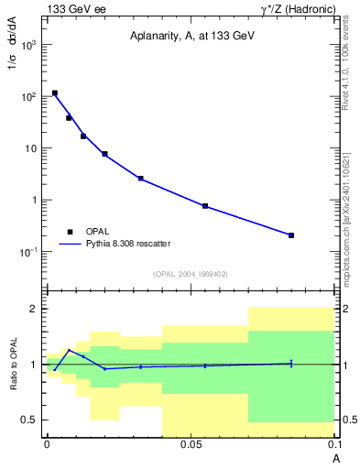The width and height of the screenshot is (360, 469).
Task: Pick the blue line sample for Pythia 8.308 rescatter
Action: point(70,245)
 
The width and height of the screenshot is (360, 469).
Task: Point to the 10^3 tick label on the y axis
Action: point(29,44)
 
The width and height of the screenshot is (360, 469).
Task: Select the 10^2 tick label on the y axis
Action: point(29,96)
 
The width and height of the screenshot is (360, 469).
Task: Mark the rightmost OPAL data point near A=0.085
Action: point(291,235)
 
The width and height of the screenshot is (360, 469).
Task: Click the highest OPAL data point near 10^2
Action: point(55,93)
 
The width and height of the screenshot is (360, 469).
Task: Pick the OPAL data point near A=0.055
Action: point(205,206)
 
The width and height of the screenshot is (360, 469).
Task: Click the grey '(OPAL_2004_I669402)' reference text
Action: point(191,274)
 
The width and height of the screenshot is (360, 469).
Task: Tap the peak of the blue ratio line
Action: point(69,350)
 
